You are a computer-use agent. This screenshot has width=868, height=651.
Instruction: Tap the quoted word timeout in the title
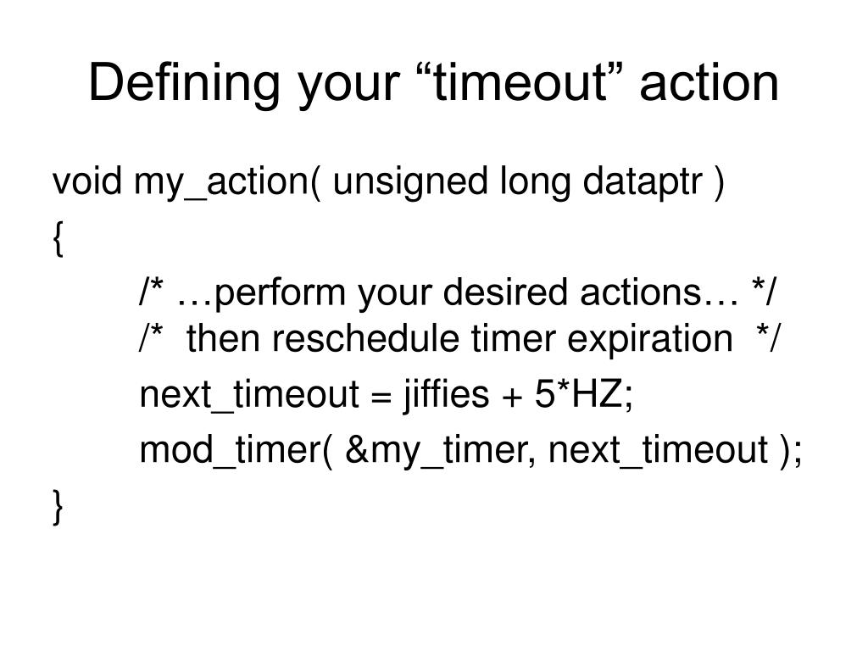[507, 83]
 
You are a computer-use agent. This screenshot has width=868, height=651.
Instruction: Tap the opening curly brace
[58, 242]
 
